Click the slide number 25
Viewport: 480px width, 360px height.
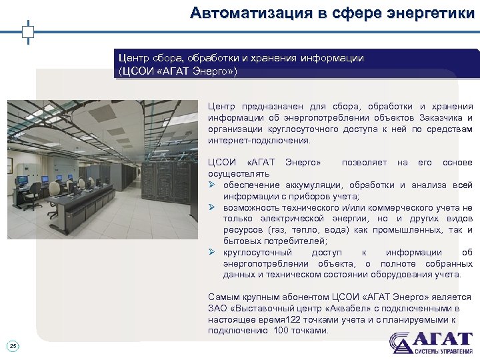tap(13, 345)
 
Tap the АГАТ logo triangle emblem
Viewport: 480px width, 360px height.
tap(402, 343)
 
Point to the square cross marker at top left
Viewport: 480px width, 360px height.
tap(27, 31)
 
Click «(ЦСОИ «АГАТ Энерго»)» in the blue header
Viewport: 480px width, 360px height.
tap(177, 71)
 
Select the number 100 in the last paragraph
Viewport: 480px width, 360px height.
tap(282, 331)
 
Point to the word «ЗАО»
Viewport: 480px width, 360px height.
tap(217, 309)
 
